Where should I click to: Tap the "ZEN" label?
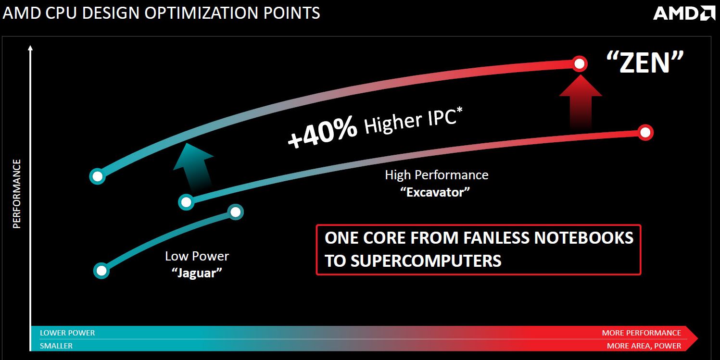(645, 62)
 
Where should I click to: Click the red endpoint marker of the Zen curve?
(579, 64)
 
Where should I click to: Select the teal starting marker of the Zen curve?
(97, 176)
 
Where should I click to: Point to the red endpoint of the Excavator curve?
(645, 132)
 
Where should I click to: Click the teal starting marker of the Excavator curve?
(186, 202)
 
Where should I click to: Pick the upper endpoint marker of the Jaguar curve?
(235, 212)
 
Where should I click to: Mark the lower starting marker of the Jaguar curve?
(101, 271)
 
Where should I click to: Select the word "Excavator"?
(435, 192)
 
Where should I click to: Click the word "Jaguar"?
(197, 273)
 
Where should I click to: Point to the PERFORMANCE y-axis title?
(17, 194)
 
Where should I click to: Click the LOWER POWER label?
(67, 333)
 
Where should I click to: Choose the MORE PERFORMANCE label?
(641, 333)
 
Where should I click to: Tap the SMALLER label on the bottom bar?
(56, 346)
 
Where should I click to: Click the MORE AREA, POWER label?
(644, 346)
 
